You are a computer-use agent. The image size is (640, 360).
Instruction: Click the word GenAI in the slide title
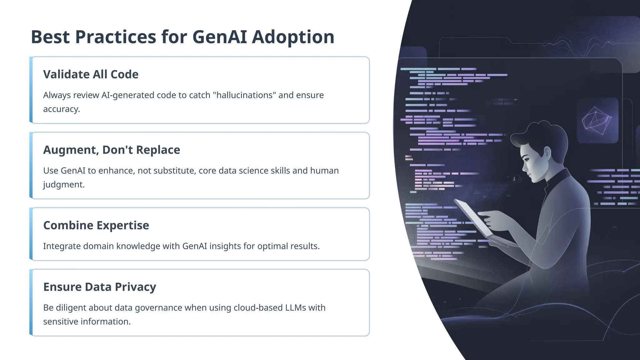219,37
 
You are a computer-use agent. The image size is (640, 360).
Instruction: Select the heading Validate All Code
91,74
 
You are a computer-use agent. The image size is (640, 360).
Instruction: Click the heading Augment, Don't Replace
112,150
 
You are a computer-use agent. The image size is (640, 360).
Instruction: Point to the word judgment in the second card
64,184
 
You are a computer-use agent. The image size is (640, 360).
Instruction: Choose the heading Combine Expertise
96,225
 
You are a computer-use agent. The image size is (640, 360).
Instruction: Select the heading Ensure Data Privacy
99,287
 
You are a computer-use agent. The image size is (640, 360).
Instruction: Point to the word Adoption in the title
293,37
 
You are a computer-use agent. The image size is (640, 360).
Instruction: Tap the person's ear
547,153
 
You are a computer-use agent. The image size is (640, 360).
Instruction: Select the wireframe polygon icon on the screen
597,121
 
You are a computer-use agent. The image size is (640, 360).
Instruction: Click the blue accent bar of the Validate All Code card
31,90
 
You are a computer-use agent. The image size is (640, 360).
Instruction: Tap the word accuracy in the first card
61,109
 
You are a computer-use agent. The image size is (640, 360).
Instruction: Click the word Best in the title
50,37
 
